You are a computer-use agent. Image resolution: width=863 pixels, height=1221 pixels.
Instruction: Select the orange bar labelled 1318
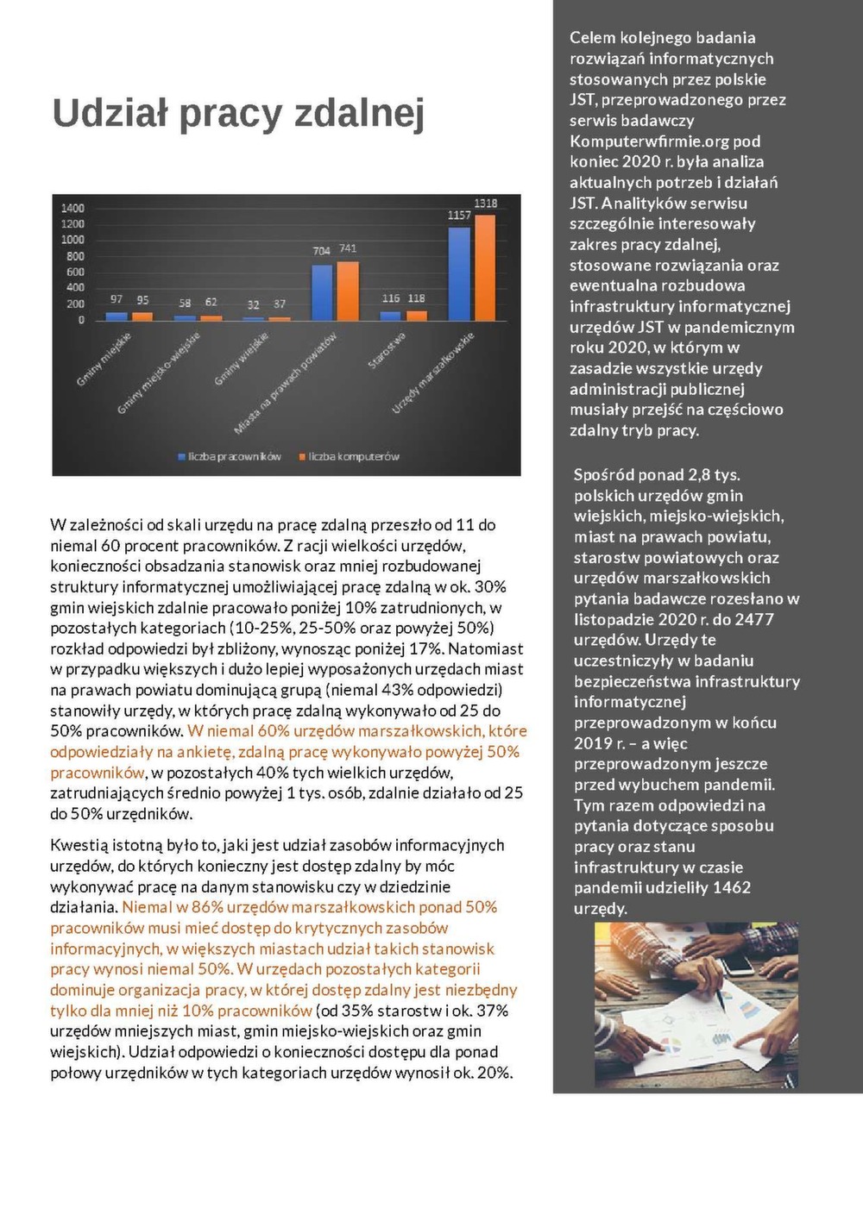pyautogui.click(x=486, y=267)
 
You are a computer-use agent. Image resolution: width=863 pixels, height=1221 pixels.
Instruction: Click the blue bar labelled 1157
pyautogui.click(x=459, y=273)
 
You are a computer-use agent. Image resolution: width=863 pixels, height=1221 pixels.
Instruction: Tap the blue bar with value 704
pyautogui.click(x=322, y=292)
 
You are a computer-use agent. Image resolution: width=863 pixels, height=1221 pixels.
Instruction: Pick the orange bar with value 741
pyautogui.click(x=348, y=291)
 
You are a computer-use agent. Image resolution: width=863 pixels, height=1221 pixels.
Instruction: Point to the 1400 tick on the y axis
pyautogui.click(x=72, y=208)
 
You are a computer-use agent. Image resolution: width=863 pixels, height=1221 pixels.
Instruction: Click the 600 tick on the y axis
pyautogui.click(x=75, y=272)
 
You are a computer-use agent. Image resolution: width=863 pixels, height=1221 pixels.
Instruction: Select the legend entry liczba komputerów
pyautogui.click(x=354, y=456)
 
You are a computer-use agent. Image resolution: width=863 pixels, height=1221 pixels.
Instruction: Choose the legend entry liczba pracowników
pyautogui.click(x=234, y=456)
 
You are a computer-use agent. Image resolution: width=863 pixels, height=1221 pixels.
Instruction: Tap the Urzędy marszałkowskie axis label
pyautogui.click(x=433, y=373)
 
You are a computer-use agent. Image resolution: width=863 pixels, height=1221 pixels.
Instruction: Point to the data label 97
pyautogui.click(x=117, y=299)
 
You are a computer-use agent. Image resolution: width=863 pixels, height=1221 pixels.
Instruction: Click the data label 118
pyautogui.click(x=416, y=298)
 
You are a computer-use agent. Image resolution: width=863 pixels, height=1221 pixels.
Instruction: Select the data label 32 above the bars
pyautogui.click(x=253, y=304)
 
